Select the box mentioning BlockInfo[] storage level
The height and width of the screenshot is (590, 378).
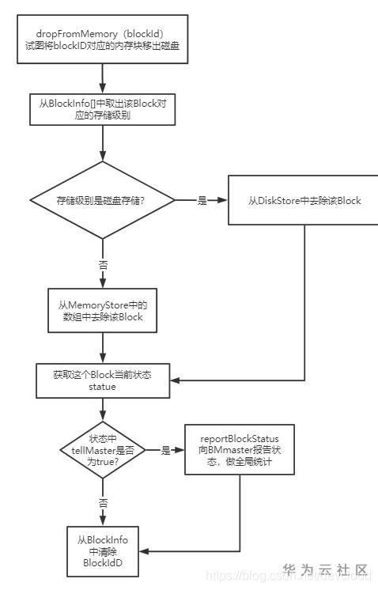tap(103, 108)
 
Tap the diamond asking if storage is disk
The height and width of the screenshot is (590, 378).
tap(103, 200)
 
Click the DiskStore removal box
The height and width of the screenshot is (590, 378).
tap(304, 200)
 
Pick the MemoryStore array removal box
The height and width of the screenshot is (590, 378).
tap(103, 310)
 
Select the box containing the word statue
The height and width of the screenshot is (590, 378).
tap(103, 380)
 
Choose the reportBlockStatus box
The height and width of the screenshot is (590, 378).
tap(240, 449)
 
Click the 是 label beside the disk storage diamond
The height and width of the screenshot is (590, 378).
tap(202, 201)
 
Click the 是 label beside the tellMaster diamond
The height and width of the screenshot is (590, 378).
tap(166, 450)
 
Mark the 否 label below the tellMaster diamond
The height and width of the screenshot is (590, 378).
tap(103, 502)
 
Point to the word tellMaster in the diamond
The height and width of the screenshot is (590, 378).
tap(85, 450)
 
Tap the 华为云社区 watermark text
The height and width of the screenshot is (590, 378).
tap(326, 569)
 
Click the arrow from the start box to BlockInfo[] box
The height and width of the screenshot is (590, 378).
tap(103, 78)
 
